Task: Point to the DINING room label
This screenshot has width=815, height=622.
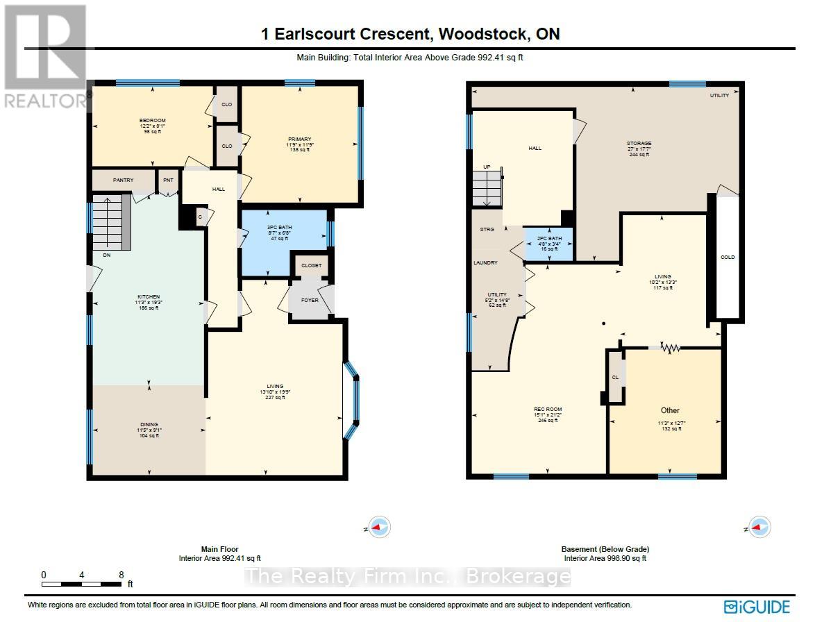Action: [x=149, y=424]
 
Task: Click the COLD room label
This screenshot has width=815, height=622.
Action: [x=728, y=258]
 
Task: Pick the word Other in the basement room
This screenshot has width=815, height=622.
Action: [x=670, y=410]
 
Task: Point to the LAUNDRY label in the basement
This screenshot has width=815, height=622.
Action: [x=486, y=263]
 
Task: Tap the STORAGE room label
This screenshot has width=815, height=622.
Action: [x=639, y=144]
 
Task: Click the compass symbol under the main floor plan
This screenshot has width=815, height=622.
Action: [x=379, y=527]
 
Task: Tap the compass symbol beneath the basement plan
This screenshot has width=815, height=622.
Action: [x=759, y=527]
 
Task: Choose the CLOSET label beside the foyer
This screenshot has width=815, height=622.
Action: [x=310, y=265]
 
